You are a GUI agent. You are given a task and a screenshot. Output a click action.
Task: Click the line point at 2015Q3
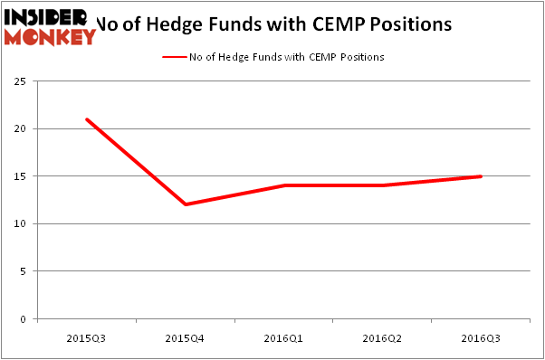tap(87, 119)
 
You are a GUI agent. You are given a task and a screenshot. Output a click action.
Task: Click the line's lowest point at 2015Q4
tap(185, 204)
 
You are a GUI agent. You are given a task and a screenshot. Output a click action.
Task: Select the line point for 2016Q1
tap(283, 185)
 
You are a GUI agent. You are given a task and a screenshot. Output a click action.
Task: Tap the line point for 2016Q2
tap(382, 185)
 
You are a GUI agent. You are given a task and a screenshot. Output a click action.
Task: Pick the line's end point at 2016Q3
tap(480, 176)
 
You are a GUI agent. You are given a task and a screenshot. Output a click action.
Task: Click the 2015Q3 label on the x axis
tap(86, 336)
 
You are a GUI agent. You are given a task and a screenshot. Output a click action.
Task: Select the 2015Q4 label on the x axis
tap(185, 336)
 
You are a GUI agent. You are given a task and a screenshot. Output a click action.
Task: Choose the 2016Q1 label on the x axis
tap(283, 336)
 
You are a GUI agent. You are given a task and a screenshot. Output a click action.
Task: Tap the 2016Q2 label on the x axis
tap(382, 336)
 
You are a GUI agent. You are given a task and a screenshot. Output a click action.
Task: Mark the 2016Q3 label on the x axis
tap(480, 336)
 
